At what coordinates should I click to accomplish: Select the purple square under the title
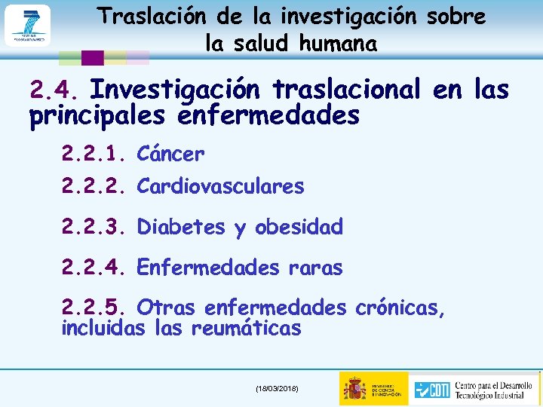tap(92, 57)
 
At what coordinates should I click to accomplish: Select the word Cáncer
tap(170, 155)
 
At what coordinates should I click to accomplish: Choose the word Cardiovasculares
tap(220, 186)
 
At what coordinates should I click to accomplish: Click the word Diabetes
tap(181, 227)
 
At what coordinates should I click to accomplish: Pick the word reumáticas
tap(246, 329)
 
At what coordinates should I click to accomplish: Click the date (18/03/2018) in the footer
tap(277, 388)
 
